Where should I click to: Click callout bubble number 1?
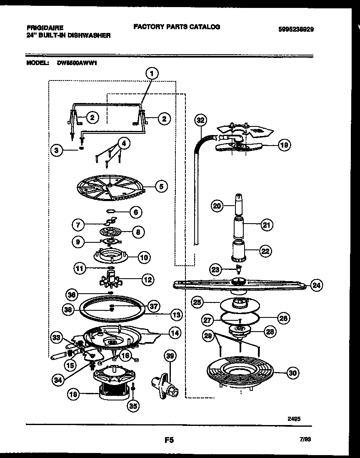pyautogui.click(x=152, y=74)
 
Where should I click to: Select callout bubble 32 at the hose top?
pyautogui.click(x=201, y=121)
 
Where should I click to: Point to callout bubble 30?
pyautogui.click(x=293, y=373)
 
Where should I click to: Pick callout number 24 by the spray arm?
pyautogui.click(x=317, y=285)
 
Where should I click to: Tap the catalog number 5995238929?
pyautogui.click(x=296, y=30)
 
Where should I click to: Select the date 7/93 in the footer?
pyautogui.click(x=305, y=440)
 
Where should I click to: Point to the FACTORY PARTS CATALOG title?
pyautogui.click(x=177, y=27)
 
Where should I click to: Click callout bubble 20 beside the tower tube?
pyautogui.click(x=217, y=206)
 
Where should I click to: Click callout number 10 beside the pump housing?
pyautogui.click(x=144, y=257)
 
